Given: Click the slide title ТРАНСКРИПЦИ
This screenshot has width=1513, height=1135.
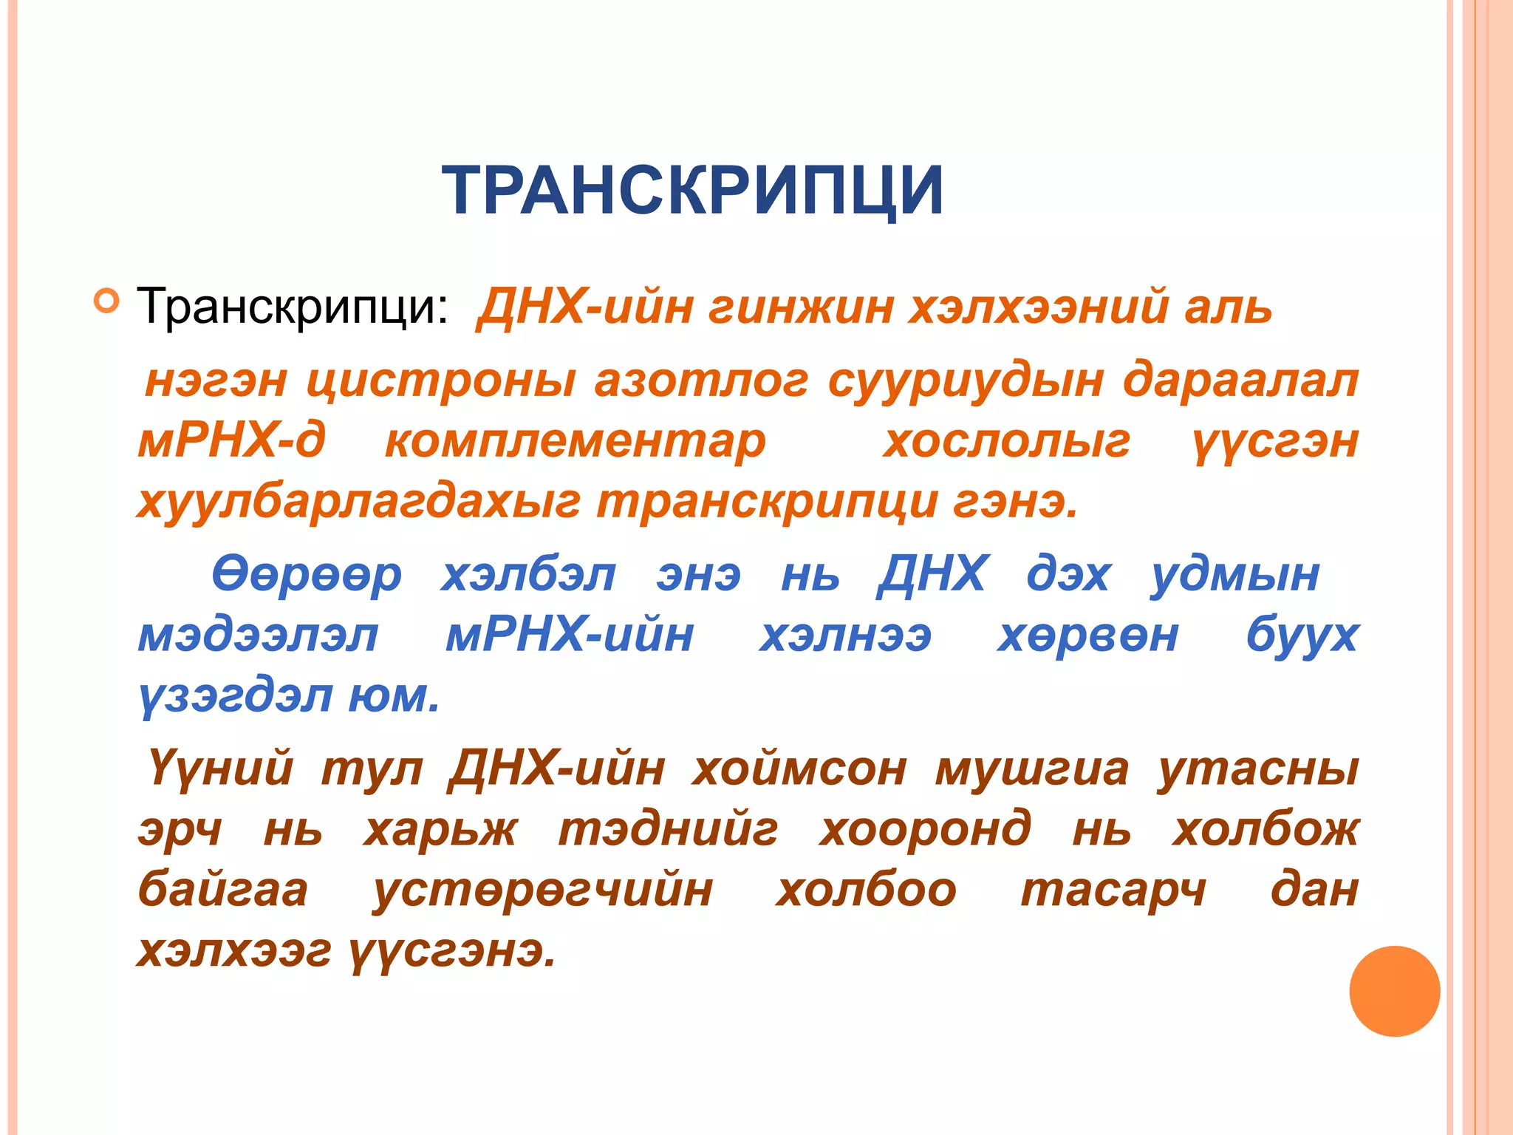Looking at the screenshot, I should (x=692, y=191).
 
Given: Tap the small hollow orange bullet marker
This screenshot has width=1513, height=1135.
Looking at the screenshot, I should (x=107, y=301).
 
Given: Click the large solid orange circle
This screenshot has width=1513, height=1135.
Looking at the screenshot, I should (x=1394, y=991).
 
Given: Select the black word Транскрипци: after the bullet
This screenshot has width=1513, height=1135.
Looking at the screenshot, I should (x=293, y=306).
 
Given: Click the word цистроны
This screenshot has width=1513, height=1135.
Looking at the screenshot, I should (x=441, y=381).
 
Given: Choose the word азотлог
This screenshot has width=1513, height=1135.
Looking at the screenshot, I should (x=701, y=381).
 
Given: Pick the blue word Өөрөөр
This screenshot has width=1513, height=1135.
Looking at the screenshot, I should (x=307, y=575).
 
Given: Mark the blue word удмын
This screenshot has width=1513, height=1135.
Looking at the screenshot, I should (x=1235, y=575).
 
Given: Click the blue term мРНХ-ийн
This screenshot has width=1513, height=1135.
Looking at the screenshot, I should (x=570, y=635).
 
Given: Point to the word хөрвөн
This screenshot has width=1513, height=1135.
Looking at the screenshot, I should (x=1087, y=635).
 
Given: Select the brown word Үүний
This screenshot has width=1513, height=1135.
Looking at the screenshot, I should (x=220, y=768).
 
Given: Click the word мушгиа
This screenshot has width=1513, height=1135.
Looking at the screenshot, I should (x=1032, y=768).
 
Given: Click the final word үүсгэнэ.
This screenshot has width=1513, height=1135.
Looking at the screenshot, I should (x=452, y=951).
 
